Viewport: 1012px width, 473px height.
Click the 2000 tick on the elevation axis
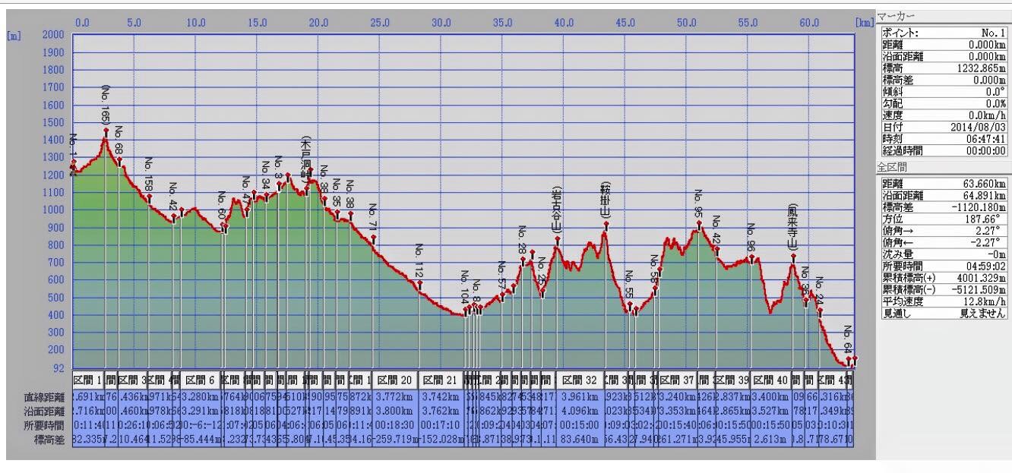point(53,35)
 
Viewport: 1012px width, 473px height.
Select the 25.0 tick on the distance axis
point(379,23)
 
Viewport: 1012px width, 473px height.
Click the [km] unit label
point(864,23)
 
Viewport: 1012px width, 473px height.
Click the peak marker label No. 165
point(106,105)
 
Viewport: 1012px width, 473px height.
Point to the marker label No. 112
point(419,260)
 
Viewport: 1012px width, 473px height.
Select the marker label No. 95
point(698,204)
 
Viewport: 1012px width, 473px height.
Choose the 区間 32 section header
point(580,380)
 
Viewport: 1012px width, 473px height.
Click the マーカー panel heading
point(897,16)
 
